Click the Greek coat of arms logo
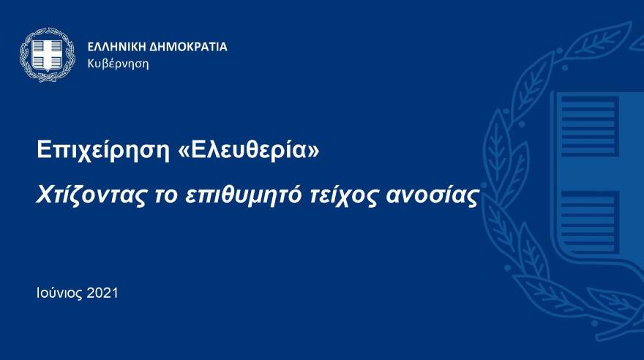coord(48,55)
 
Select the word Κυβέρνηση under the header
coord(118,64)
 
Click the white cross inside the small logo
coord(48,53)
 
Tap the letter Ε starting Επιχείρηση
coord(43,151)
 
